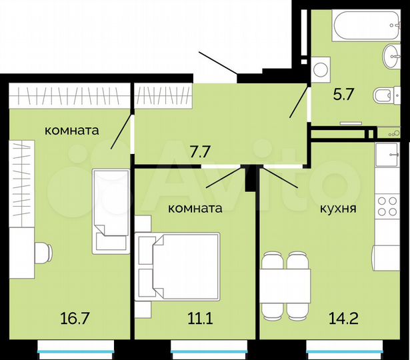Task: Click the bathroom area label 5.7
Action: (343, 95)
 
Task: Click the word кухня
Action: (337, 208)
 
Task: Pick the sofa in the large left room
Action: (110, 209)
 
